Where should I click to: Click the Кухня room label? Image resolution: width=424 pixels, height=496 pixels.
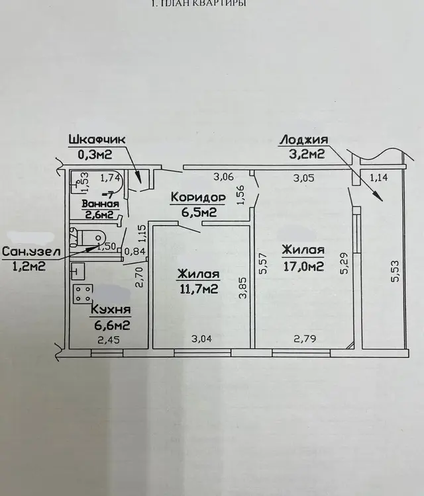pos(111,309)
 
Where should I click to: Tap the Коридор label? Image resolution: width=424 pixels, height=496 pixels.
pos(198,197)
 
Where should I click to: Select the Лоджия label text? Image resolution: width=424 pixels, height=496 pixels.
pos(304,140)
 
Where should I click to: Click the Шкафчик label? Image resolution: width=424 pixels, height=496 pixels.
pos(97,140)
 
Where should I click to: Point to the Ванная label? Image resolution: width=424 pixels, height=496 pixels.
pos(101,204)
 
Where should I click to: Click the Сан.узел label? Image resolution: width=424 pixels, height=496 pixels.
pos(31,252)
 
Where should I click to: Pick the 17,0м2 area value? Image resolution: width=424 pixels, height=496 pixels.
pos(303,266)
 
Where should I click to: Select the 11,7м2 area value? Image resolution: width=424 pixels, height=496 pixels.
pos(199,289)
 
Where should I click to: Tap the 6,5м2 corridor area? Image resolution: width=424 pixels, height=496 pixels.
pos(199,212)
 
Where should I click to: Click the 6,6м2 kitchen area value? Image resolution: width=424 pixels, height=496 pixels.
pos(112,325)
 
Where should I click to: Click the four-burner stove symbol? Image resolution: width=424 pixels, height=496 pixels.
pos(83,294)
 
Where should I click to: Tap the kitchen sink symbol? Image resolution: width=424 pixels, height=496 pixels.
pos(78,271)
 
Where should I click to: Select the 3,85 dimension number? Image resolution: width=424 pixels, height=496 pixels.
pos(243,288)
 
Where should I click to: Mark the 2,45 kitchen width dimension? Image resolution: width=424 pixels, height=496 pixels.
pos(109,340)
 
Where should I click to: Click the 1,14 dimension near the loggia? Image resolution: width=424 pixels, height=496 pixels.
pos(379,177)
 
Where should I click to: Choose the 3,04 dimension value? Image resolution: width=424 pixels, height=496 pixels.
pos(201,339)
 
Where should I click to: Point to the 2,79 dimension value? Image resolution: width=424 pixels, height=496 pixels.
pos(305,339)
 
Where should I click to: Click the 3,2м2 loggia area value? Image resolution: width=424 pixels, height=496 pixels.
pos(307,154)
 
